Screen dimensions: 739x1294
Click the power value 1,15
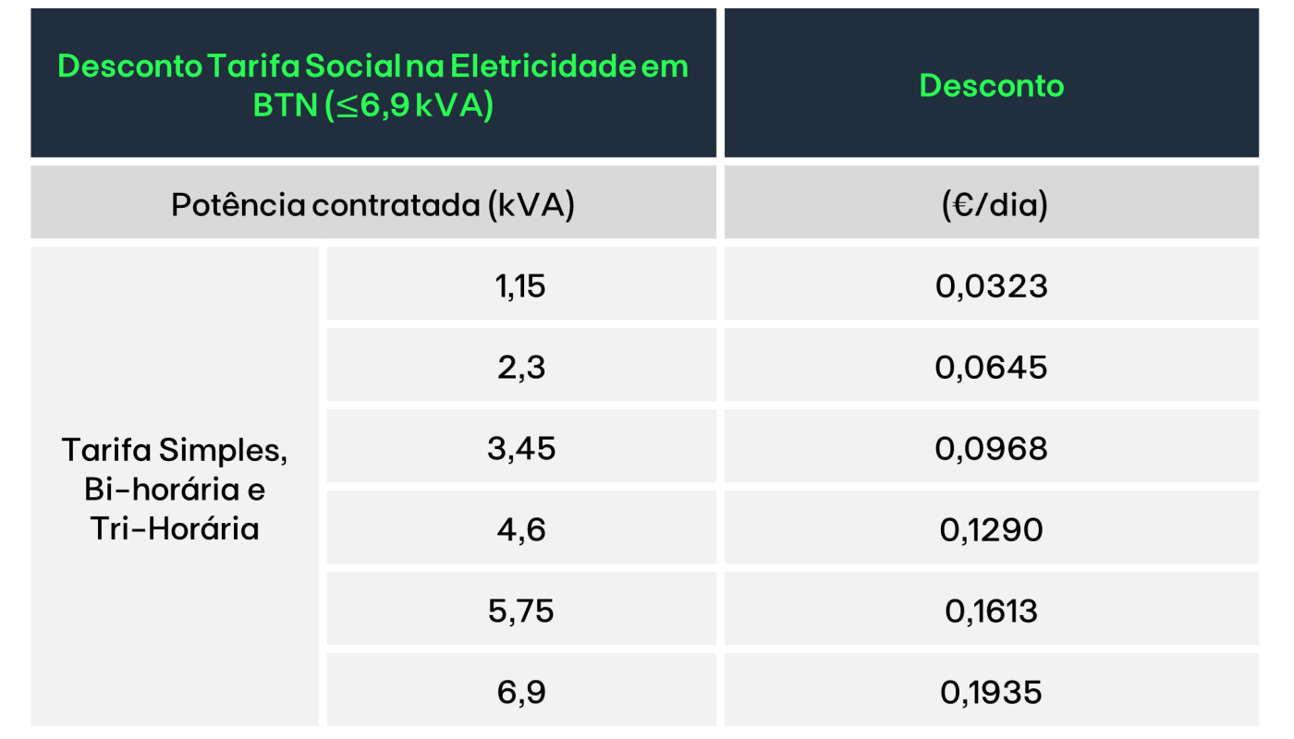(x=520, y=286)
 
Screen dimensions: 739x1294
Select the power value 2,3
(x=520, y=368)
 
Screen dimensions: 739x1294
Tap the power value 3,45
(x=520, y=449)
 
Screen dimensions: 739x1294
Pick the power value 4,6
(x=520, y=530)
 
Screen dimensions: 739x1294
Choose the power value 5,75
(x=520, y=612)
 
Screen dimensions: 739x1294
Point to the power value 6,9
(x=520, y=692)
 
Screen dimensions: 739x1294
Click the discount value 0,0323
(x=991, y=286)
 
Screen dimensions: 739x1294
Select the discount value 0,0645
(x=991, y=368)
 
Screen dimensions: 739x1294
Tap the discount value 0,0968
(x=991, y=449)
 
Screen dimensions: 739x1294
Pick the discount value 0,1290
(x=991, y=530)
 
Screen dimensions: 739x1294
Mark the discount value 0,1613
(x=991, y=612)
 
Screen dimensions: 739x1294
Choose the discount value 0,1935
(x=991, y=692)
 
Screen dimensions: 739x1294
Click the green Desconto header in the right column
(x=991, y=86)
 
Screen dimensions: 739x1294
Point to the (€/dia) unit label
(x=991, y=206)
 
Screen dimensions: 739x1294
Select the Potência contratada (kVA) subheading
(x=372, y=206)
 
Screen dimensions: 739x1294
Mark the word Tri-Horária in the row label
(x=175, y=528)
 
